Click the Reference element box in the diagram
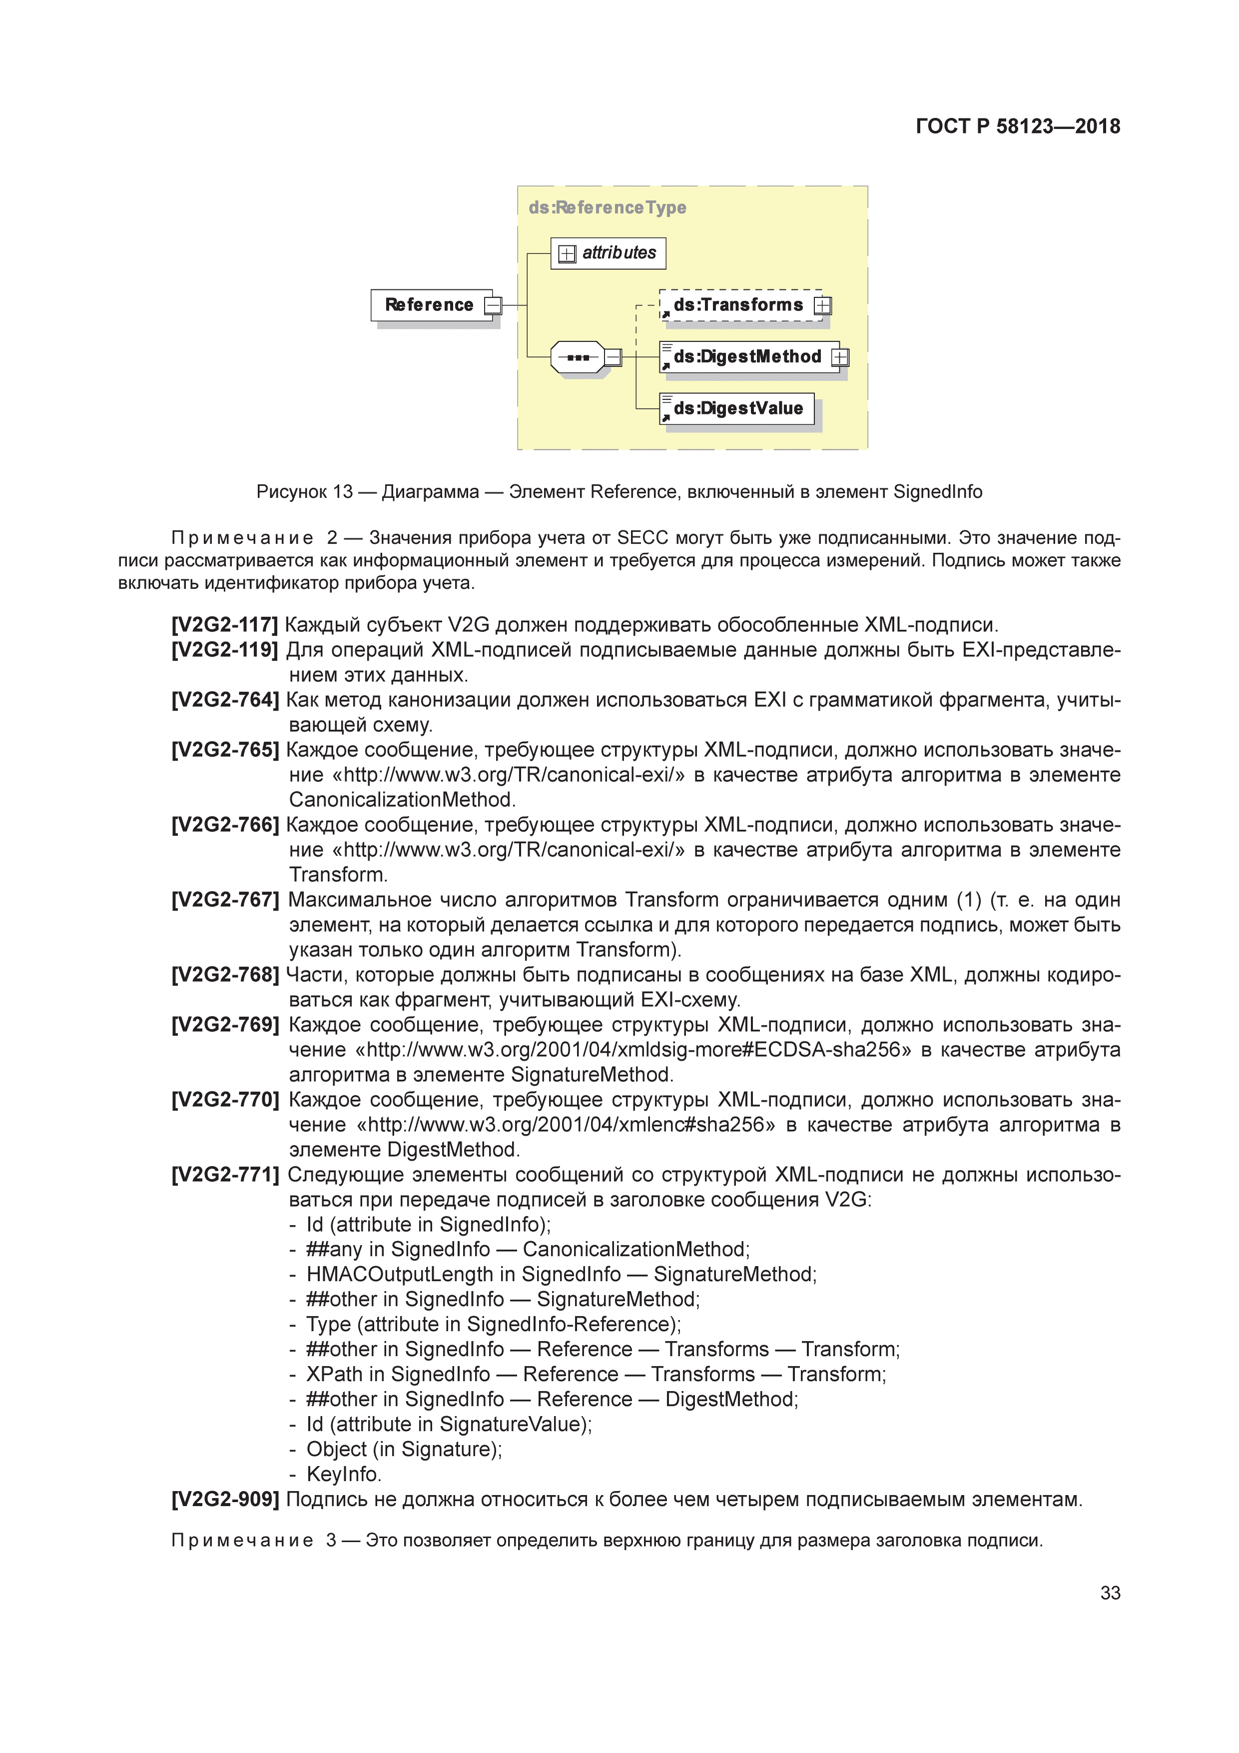[x=430, y=305]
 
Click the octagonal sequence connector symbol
[x=578, y=357]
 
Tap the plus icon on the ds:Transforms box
[x=822, y=305]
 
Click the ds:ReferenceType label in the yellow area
[x=607, y=208]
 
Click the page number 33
[x=1110, y=1593]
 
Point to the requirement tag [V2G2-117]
[x=224, y=625]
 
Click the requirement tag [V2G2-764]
[x=224, y=700]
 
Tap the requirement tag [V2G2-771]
[x=224, y=1175]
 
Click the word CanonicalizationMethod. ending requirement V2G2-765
[x=402, y=800]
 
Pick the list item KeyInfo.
[x=343, y=1474]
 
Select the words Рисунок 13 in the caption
[x=304, y=492]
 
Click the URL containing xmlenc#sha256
[x=565, y=1125]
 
